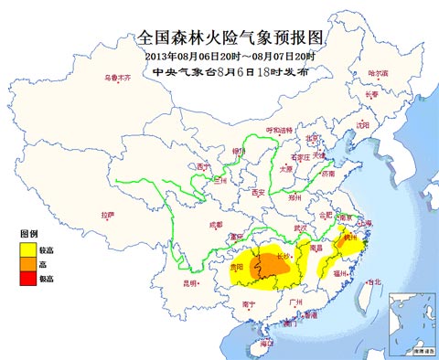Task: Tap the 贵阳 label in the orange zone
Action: click(x=238, y=268)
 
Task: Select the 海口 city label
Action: click(x=266, y=344)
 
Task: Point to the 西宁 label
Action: click(x=202, y=167)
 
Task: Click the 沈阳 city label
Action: click(x=363, y=123)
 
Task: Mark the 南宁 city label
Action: click(x=249, y=303)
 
